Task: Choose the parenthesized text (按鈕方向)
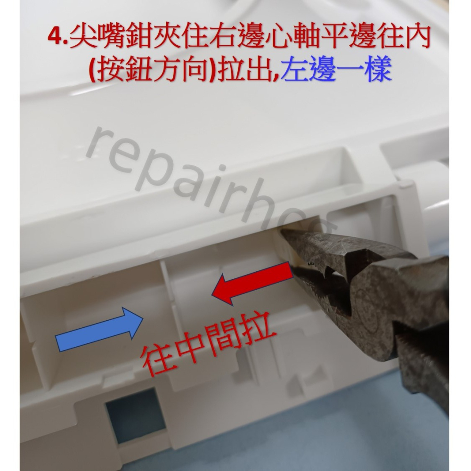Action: pos(148,72)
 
